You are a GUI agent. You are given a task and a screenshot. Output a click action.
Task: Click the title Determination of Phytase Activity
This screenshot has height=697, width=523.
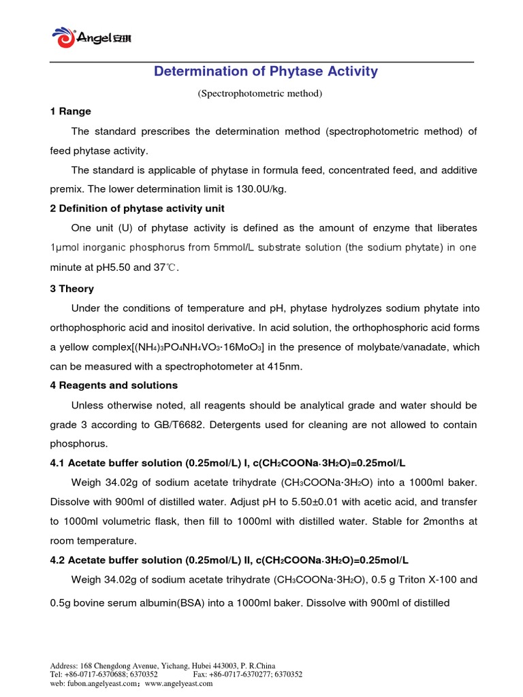coord(266,71)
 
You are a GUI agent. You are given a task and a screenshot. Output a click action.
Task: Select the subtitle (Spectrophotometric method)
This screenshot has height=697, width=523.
coord(259,93)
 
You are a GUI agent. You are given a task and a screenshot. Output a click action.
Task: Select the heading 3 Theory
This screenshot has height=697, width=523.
coord(72,289)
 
